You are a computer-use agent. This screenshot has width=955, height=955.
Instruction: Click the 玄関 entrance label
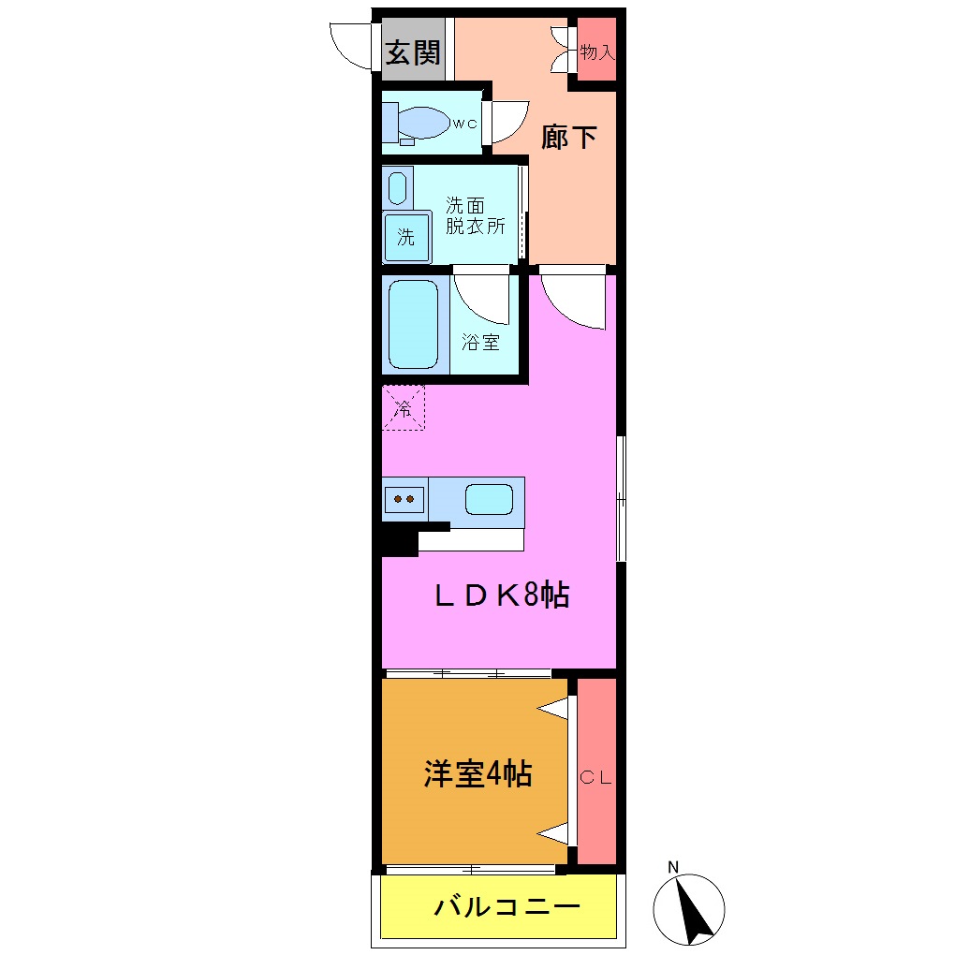[x=413, y=52]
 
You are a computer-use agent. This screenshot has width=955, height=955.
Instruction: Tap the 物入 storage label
[x=596, y=52]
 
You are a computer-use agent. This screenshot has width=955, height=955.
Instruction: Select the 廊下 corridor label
[x=569, y=138]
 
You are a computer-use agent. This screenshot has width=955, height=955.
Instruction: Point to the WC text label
[x=465, y=124]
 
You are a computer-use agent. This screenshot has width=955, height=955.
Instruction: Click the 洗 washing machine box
[x=406, y=237]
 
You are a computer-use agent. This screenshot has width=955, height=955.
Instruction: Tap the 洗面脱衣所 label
[x=474, y=215]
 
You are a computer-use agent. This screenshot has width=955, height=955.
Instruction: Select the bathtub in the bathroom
[x=413, y=324]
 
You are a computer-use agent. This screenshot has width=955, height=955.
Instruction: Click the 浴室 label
[x=480, y=342]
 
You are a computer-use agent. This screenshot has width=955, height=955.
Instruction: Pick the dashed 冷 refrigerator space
[x=404, y=408]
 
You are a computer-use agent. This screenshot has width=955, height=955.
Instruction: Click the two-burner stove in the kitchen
[x=404, y=498]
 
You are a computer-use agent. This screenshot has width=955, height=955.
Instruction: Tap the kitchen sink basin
[x=489, y=499]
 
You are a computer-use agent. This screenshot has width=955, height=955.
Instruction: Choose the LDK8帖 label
[x=501, y=596]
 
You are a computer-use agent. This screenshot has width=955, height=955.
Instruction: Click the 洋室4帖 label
[x=477, y=774]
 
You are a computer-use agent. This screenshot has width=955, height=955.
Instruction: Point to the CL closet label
[x=596, y=777]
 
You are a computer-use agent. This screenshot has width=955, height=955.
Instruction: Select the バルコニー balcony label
[x=507, y=907]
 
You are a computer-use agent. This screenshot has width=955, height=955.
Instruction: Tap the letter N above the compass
[x=672, y=867]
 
